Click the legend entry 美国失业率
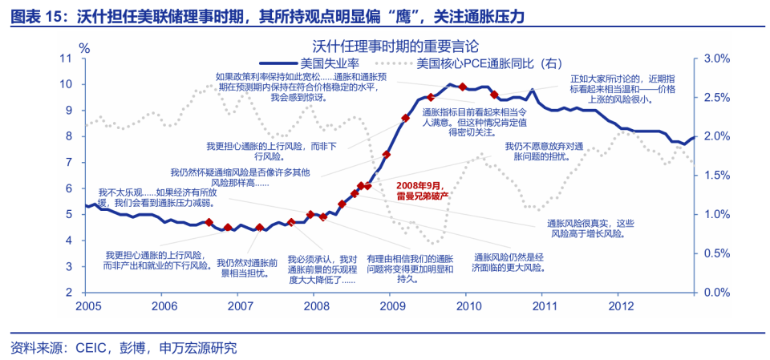coord(329,63)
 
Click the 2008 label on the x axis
coord(316,305)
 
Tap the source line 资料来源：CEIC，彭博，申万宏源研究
coord(124,347)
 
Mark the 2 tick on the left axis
coord(71,293)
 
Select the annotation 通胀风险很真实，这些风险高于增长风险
coord(590,229)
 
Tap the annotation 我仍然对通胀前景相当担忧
coord(247,268)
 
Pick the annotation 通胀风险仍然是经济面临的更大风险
coord(509,262)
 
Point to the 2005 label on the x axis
coord(88,305)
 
